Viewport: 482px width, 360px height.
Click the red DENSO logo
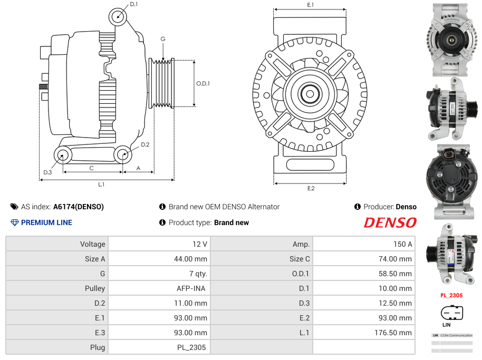pos(390,222)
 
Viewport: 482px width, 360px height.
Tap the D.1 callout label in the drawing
pos(133,4)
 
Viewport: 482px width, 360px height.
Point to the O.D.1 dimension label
pos(203,83)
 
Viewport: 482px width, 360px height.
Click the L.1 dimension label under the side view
pos(101,184)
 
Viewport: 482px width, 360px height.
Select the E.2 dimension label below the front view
pos(311,188)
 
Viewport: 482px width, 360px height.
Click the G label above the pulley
pos(163,39)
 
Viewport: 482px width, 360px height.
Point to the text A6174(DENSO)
pos(79,207)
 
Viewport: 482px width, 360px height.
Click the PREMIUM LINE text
pos(46,222)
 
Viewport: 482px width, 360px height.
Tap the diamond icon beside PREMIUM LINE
pos(15,222)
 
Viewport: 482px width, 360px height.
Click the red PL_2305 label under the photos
pos(451,295)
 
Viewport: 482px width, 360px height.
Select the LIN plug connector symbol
pos(451,313)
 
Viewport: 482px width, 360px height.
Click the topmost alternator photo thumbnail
pos(451,40)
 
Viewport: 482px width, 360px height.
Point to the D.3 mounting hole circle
pos(63,155)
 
